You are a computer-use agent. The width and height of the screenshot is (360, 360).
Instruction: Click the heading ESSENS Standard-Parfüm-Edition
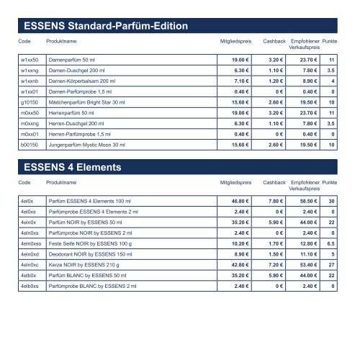[107, 27]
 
